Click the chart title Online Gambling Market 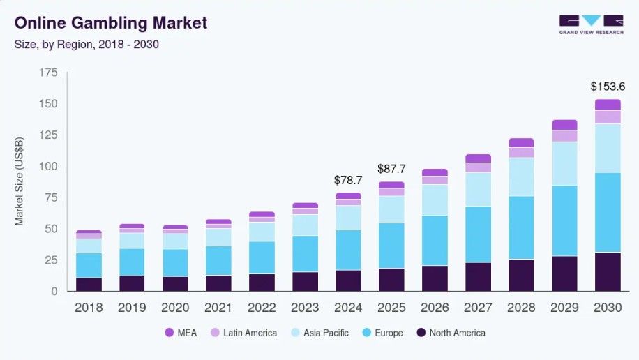[x=111, y=22]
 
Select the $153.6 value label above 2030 [x=608, y=87]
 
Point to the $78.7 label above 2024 [x=348, y=180]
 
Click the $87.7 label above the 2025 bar [x=391, y=169]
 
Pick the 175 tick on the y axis [x=48, y=72]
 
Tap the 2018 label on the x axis [x=89, y=308]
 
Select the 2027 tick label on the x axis [x=478, y=308]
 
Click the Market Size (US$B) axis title [x=20, y=182]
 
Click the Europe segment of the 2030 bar [x=608, y=212]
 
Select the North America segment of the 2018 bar [x=89, y=284]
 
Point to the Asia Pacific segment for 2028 [x=521, y=177]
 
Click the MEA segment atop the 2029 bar [x=564, y=125]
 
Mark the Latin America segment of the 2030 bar [x=608, y=117]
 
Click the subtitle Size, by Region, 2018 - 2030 [x=87, y=44]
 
